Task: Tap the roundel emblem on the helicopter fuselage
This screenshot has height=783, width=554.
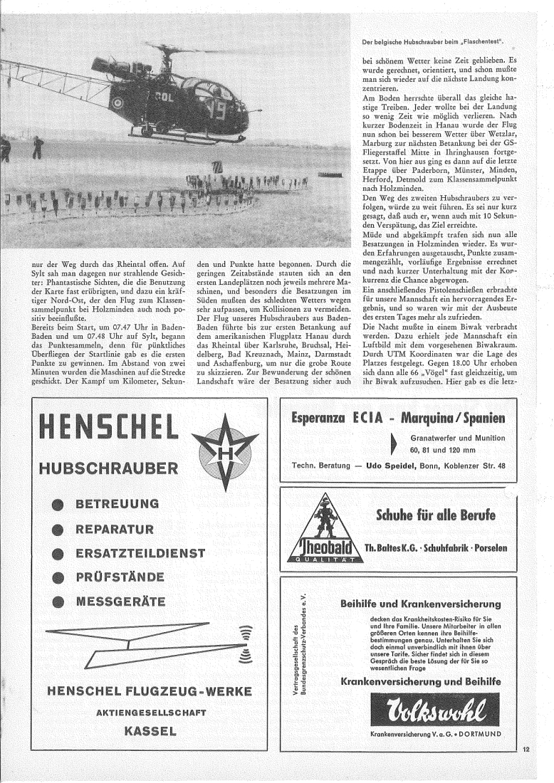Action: tap(135, 102)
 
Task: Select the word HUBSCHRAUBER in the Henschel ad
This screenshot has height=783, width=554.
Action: tap(110, 469)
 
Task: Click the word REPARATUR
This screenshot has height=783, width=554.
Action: tap(115, 529)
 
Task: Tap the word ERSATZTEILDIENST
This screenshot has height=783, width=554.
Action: tap(140, 553)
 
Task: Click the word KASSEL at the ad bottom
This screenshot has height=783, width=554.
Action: tap(150, 730)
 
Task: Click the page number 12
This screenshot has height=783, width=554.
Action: tap(526, 750)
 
